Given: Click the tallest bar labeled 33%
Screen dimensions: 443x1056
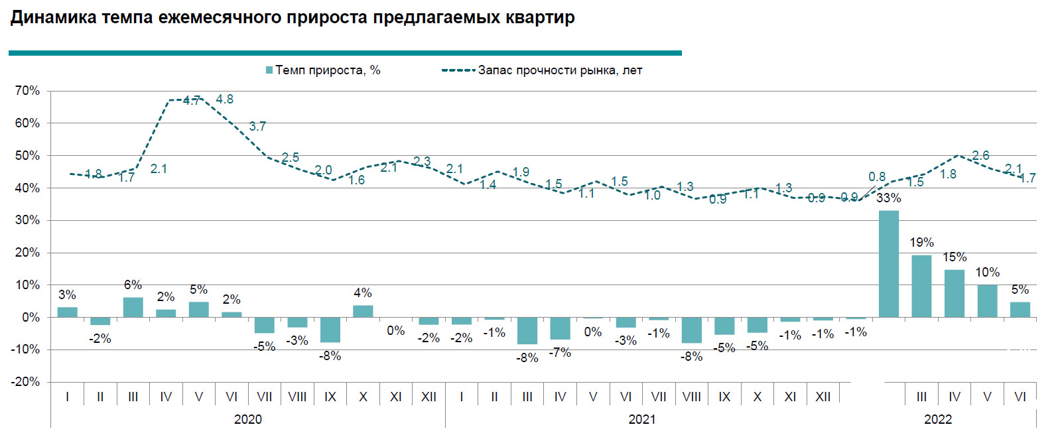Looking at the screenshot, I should click(x=888, y=264).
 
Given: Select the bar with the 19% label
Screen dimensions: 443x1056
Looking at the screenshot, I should click(x=921, y=286).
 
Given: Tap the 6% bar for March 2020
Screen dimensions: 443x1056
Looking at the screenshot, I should click(x=133, y=307).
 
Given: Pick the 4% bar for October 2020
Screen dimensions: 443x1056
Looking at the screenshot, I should click(x=363, y=311).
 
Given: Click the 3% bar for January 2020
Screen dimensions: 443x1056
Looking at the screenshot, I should click(x=67, y=312).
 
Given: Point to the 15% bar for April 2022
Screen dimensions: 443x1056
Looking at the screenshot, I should click(x=954, y=293).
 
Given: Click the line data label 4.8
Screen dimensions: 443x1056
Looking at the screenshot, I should click(x=224, y=99).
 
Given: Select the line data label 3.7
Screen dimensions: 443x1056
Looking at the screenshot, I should click(x=257, y=126).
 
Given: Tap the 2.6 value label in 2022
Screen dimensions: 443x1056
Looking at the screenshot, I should click(x=980, y=155).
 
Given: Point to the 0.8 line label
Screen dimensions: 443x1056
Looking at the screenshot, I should click(x=877, y=177).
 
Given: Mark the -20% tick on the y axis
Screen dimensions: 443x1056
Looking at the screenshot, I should click(x=25, y=382).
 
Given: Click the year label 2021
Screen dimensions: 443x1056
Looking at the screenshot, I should click(x=641, y=419).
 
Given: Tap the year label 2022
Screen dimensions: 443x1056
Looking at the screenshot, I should click(x=937, y=419).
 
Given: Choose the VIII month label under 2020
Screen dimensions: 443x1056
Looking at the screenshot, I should click(x=297, y=397).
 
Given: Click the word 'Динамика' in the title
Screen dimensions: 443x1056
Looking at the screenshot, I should click(x=54, y=17).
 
